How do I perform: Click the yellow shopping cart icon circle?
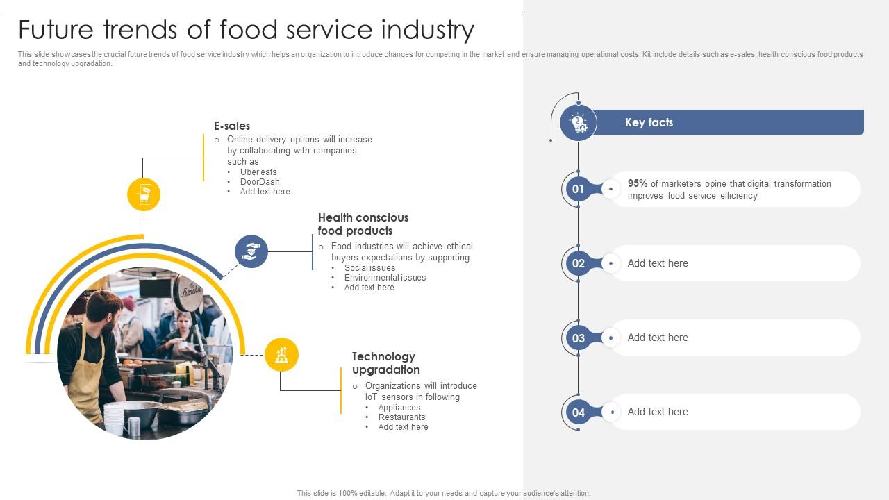pos(144,194)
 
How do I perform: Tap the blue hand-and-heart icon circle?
pos(251,251)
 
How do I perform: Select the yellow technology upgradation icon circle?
pos(281,354)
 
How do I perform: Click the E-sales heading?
pos(232,126)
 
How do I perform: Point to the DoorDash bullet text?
pos(260,182)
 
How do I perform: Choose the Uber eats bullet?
pos(258,172)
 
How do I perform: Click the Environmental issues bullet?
pos(385,277)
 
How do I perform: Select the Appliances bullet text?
pos(399,408)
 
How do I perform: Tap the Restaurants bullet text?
pos(401,417)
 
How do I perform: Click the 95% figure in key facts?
pos(638,183)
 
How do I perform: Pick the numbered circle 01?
pos(578,189)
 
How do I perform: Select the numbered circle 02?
pos(578,263)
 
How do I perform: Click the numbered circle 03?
pos(578,337)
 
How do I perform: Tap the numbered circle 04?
pos(578,412)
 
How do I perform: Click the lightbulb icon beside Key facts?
pos(579,123)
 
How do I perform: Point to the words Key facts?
pos(649,122)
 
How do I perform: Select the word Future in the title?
pos(56,30)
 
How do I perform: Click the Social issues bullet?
pos(370,268)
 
